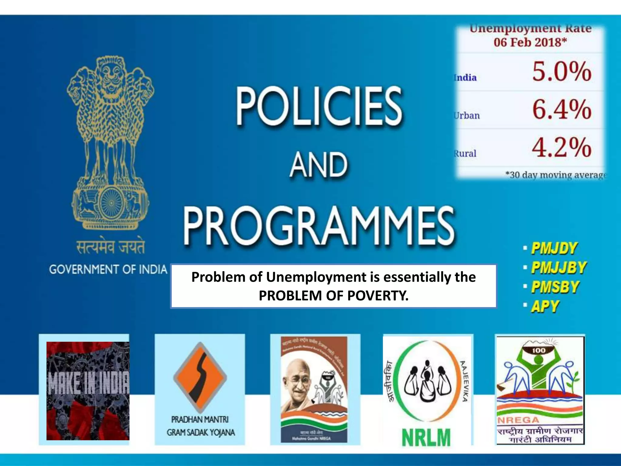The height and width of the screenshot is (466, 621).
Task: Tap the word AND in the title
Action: pyautogui.click(x=318, y=165)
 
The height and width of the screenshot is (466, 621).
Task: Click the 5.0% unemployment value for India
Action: pyautogui.click(x=562, y=72)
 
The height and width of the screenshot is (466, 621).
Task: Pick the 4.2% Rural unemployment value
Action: pyautogui.click(x=562, y=147)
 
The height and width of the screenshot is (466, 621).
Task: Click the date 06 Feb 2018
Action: pyautogui.click(x=530, y=42)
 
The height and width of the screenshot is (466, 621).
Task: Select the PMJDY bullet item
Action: pyautogui.click(x=554, y=248)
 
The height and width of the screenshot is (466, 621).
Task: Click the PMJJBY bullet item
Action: pyautogui.click(x=559, y=268)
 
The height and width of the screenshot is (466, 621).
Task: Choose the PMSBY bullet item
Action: pyautogui.click(x=555, y=287)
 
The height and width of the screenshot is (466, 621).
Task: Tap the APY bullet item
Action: pyautogui.click(x=545, y=306)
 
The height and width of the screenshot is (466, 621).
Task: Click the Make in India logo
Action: pyautogui.click(x=88, y=390)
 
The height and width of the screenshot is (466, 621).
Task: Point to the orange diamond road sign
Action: pyautogui.click(x=200, y=377)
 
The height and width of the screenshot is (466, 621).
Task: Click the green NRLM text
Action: pyautogui.click(x=426, y=437)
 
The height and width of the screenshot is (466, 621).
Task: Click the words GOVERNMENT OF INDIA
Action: pyautogui.click(x=108, y=269)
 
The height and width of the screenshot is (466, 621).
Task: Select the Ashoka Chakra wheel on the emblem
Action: pyautogui.click(x=111, y=203)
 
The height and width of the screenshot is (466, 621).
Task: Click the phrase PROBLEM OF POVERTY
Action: pyautogui.click(x=334, y=295)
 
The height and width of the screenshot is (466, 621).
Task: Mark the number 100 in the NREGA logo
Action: pyautogui.click(x=539, y=350)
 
